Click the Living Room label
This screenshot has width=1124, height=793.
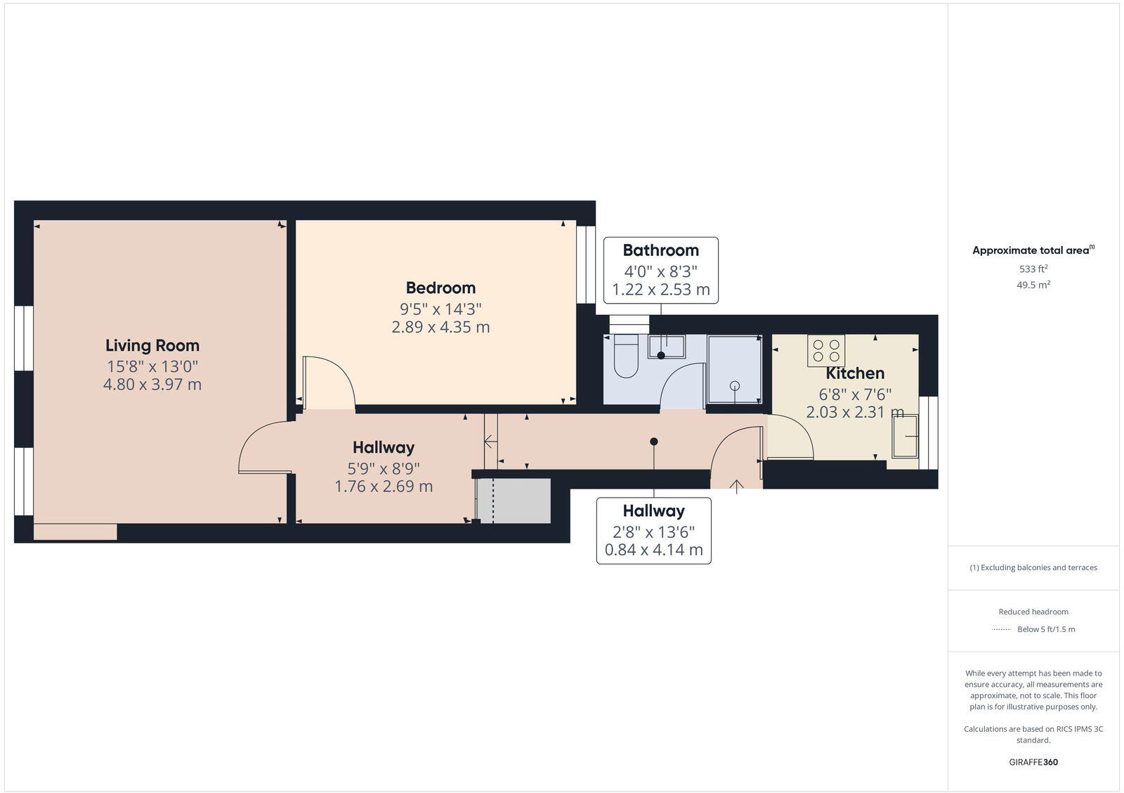pos(152,345)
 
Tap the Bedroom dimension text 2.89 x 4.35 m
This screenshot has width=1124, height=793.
pos(440,327)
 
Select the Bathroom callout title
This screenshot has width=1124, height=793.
pos(660,250)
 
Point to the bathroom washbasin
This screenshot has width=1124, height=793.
pos(666,347)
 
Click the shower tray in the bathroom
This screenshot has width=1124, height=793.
pos(734,370)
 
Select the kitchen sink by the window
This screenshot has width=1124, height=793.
pos(905,437)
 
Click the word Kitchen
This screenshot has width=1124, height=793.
pos(854,373)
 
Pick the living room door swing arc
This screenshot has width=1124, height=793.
pos(263,446)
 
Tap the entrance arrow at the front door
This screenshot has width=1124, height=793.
pos(736,486)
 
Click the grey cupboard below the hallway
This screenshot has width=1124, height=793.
pos(514,501)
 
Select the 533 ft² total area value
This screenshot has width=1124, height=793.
pos(1033,269)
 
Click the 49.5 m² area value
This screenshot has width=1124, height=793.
pos(1033,285)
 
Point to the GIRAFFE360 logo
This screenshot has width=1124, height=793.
pos(1033,762)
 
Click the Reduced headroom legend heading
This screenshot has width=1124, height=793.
pos(1033,612)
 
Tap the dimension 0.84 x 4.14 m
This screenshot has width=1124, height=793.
pos(653,550)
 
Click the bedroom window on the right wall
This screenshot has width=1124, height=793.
pos(586,264)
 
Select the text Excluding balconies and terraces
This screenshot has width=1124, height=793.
pos(1038,567)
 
